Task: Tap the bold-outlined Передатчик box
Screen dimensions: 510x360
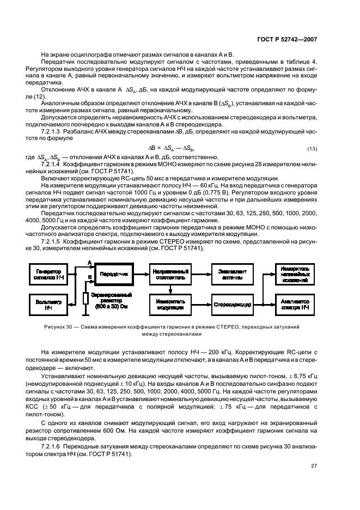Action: pos(113,274)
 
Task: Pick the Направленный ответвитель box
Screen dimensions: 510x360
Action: pos(170,274)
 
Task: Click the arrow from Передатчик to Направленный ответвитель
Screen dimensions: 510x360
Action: pos(141,274)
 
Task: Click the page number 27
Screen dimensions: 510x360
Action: pos(314,465)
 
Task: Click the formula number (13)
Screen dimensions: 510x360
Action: pos(312,149)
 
